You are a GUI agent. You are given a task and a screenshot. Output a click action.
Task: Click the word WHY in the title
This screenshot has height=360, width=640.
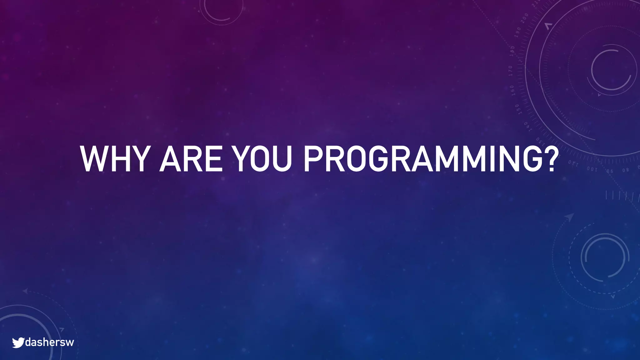113,159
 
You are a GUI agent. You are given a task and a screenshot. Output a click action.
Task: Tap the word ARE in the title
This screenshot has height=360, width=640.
191,159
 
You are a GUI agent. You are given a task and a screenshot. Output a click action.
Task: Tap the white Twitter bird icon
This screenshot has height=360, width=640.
18,342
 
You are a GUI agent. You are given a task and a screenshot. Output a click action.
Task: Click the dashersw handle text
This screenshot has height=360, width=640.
49,342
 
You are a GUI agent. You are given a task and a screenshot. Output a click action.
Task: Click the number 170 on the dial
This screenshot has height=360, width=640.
510,71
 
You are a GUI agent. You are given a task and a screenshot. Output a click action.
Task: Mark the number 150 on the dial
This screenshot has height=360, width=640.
517,109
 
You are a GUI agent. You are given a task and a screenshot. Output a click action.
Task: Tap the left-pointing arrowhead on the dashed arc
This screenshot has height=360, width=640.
25,291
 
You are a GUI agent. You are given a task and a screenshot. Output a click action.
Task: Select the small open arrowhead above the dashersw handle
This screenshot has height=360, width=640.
62,329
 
